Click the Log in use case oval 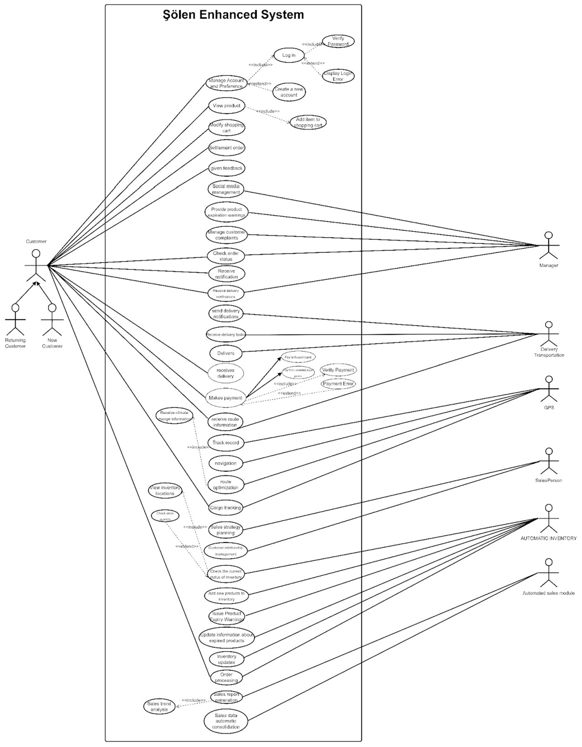coord(289,55)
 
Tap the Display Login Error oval coord(338,76)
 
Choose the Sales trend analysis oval coord(159,707)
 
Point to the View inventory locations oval coord(165,491)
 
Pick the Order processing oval coord(226,678)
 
